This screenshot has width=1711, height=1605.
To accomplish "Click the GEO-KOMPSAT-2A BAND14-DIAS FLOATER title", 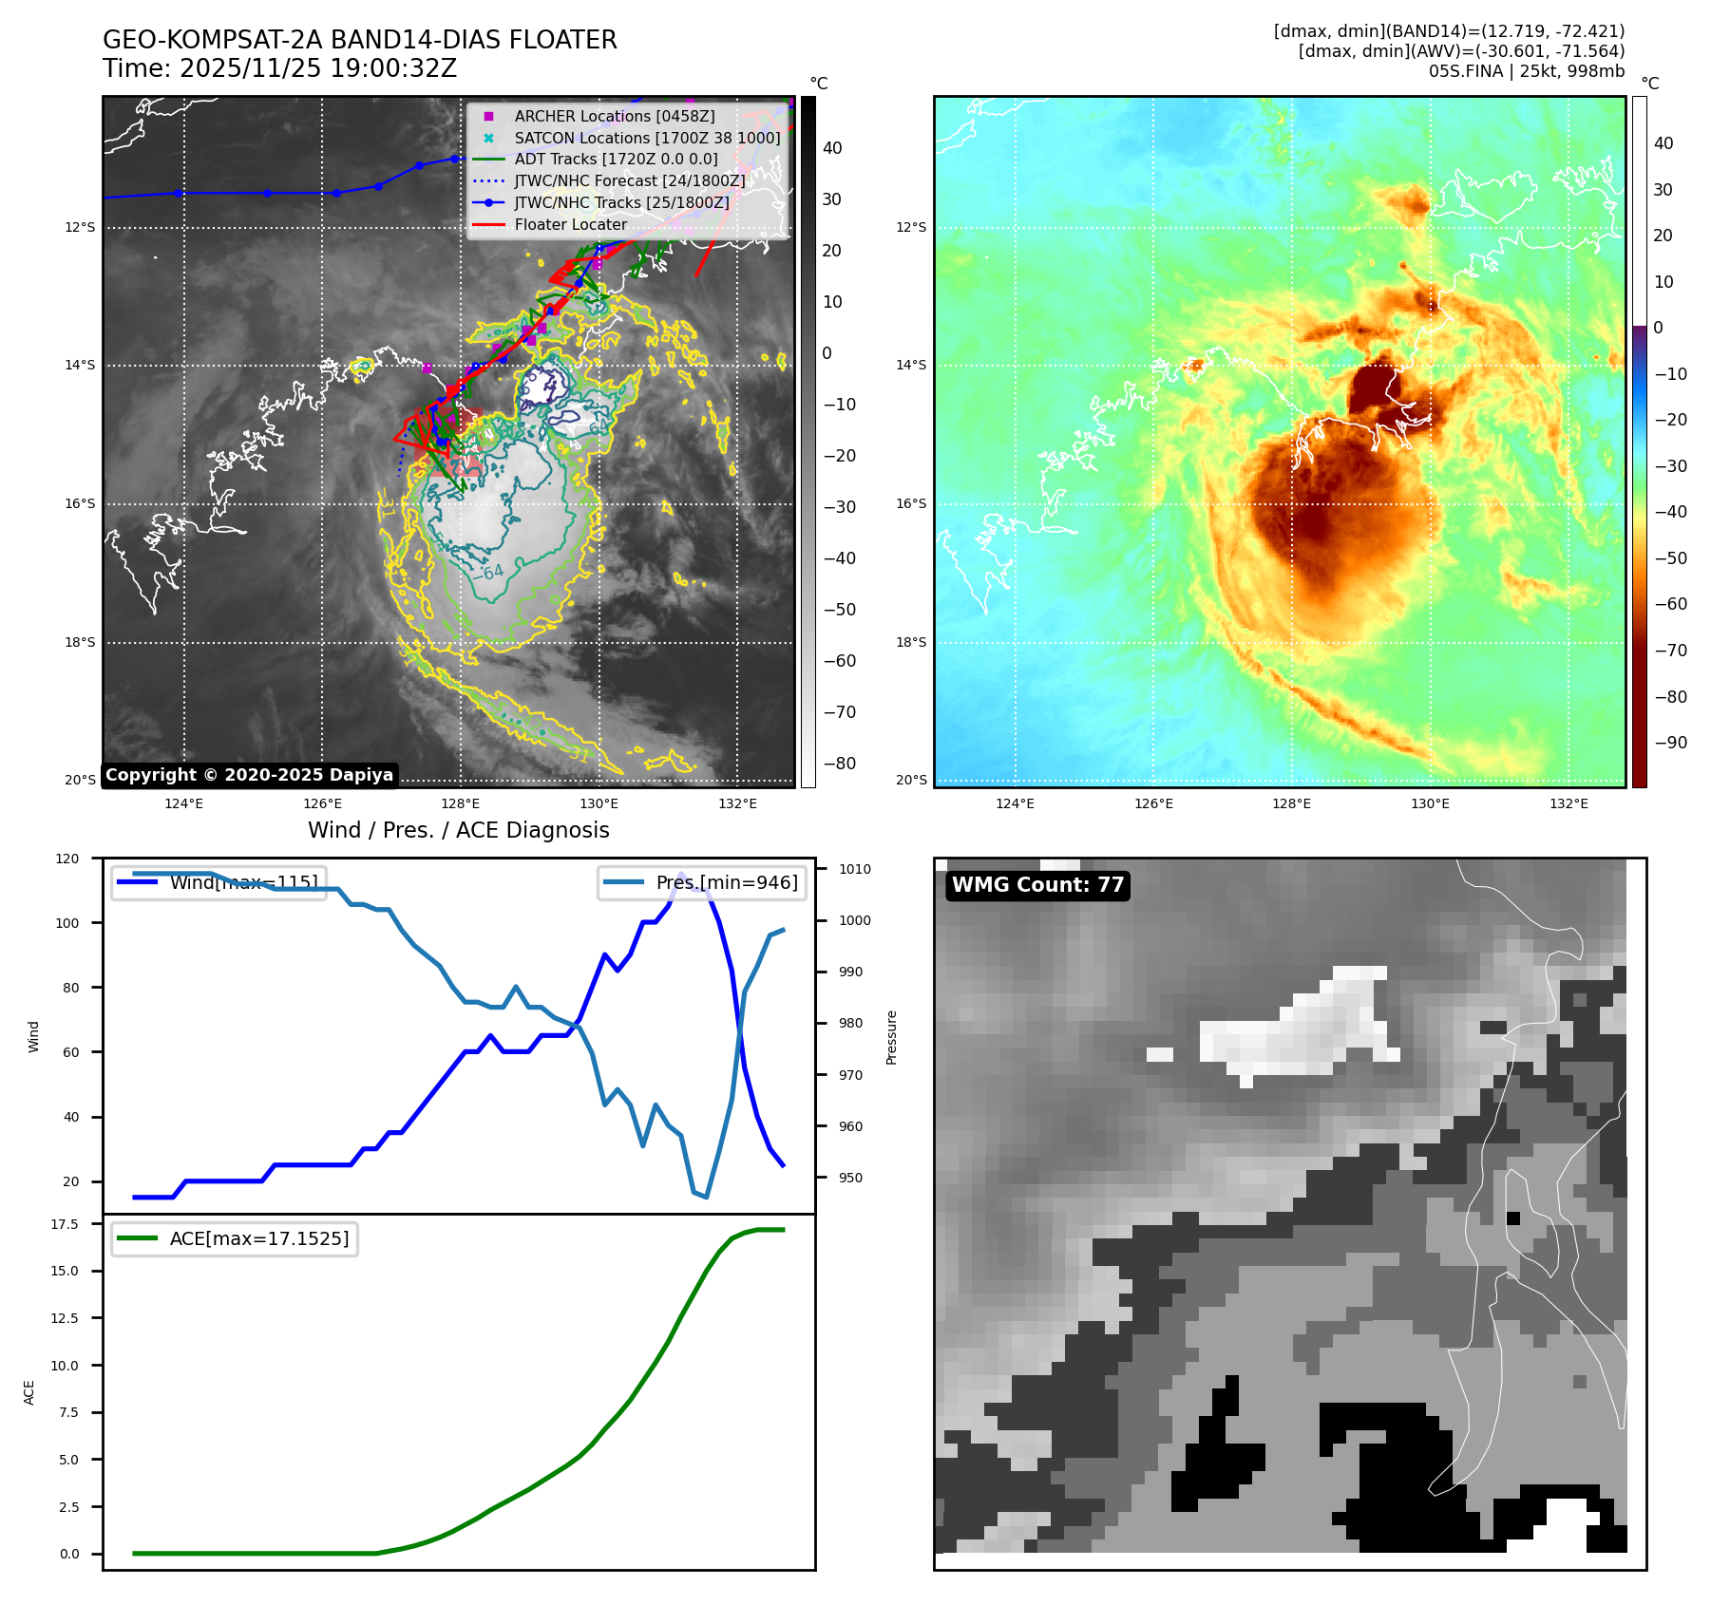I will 359,40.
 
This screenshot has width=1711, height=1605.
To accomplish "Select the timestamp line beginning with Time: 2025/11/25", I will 279,69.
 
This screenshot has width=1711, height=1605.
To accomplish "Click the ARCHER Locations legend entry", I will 614,116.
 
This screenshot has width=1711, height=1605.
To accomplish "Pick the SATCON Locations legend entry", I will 646,138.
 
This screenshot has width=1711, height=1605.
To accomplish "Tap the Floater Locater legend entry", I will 570,225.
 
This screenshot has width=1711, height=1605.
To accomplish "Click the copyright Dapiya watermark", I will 249,775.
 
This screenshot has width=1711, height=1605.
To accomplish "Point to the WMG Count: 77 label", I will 1037,885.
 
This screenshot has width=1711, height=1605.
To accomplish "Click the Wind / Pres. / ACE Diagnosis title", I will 458,830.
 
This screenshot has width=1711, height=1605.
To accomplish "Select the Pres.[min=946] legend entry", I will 726,883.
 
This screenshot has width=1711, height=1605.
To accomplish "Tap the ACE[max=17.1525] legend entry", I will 258,1238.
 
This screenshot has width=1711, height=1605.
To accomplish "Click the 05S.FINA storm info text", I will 1526,71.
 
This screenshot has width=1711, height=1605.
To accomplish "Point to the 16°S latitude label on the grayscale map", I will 80,504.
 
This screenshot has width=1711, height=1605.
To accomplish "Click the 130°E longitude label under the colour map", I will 1430,803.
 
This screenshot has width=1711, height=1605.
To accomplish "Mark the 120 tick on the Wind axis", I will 67,859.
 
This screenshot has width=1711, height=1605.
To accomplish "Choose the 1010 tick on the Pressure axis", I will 854,869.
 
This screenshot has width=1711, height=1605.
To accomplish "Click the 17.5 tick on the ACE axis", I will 65,1224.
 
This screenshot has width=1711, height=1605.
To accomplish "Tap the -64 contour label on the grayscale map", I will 490,572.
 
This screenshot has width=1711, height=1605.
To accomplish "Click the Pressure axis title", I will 891,1037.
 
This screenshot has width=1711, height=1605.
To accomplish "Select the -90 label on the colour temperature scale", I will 1670,743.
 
